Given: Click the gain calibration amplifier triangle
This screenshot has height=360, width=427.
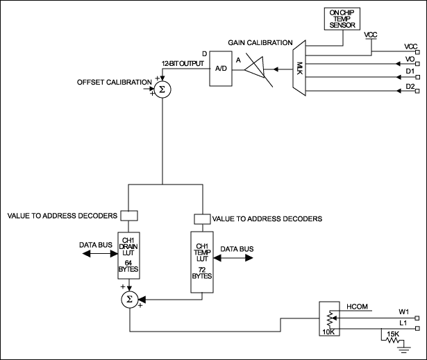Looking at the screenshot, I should point(256,70).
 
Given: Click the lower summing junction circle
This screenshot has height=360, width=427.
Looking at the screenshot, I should point(128,299).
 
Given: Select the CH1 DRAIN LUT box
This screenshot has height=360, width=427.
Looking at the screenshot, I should point(128,256).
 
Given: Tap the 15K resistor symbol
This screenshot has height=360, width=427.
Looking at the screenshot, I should point(392,341).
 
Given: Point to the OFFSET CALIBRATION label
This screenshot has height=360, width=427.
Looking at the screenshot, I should point(114,83).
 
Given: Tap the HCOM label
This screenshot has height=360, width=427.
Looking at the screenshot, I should point(356,305).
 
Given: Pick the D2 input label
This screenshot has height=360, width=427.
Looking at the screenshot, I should point(410,86).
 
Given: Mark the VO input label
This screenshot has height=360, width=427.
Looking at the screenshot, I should point(410,59).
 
